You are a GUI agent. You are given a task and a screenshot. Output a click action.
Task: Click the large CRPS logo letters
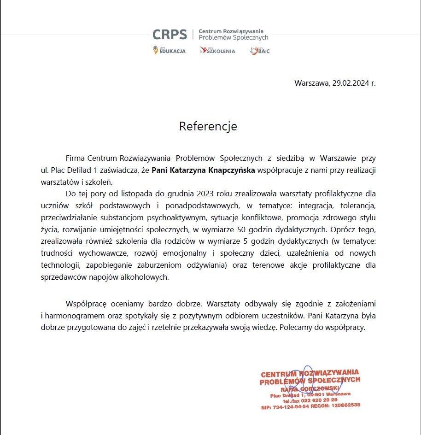pos(170,35)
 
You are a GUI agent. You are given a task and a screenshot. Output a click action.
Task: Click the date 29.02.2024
pos(351,83)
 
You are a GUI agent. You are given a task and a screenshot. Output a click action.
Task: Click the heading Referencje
pos(208,126)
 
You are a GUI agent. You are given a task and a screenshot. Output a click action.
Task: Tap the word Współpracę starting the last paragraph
pos(87,304)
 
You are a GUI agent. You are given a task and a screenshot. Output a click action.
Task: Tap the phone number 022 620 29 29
pos(321,400)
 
